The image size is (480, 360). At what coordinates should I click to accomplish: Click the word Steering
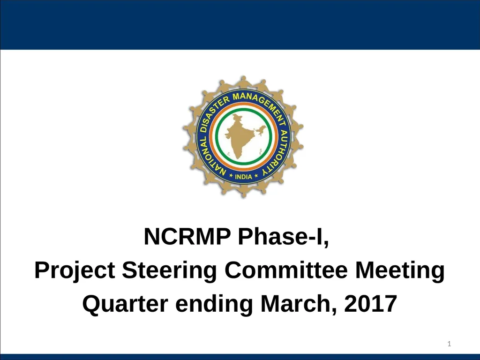[169, 272]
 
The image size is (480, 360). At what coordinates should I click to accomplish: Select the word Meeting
[399, 272]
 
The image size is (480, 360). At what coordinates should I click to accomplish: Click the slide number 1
[449, 345]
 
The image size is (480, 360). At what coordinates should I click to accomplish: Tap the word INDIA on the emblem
[243, 177]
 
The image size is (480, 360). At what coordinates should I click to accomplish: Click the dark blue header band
[240, 24]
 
